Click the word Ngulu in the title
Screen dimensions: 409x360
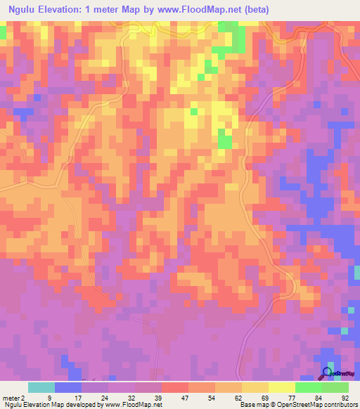(23, 9)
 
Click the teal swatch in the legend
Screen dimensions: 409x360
(41, 387)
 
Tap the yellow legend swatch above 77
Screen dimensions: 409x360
(282, 387)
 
